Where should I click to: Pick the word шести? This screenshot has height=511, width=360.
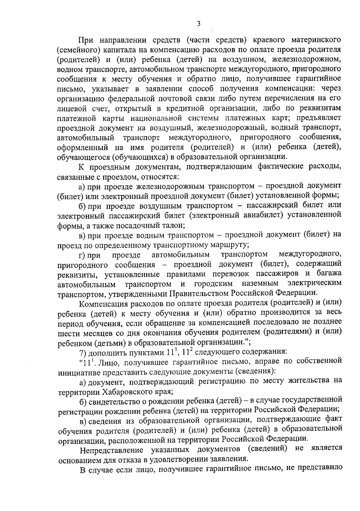point(68,332)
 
